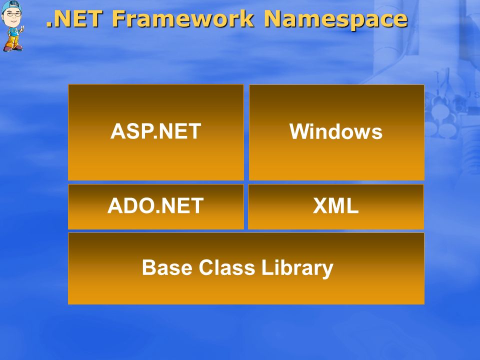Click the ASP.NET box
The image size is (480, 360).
156,132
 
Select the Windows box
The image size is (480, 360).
336,132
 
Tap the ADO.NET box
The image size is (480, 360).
156,206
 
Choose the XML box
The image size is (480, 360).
336,206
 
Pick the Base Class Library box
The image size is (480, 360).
246,268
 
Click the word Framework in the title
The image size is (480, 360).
183,18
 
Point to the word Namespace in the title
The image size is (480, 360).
336,19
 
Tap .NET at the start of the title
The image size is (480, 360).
74,18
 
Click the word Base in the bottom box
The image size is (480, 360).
167,267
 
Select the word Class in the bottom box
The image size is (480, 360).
227,267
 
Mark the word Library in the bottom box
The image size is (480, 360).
297,268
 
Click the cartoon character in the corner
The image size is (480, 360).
12,25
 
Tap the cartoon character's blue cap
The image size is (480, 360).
11,5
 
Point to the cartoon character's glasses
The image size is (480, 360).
12,14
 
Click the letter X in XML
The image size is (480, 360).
320,205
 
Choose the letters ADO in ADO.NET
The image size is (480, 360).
130,205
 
